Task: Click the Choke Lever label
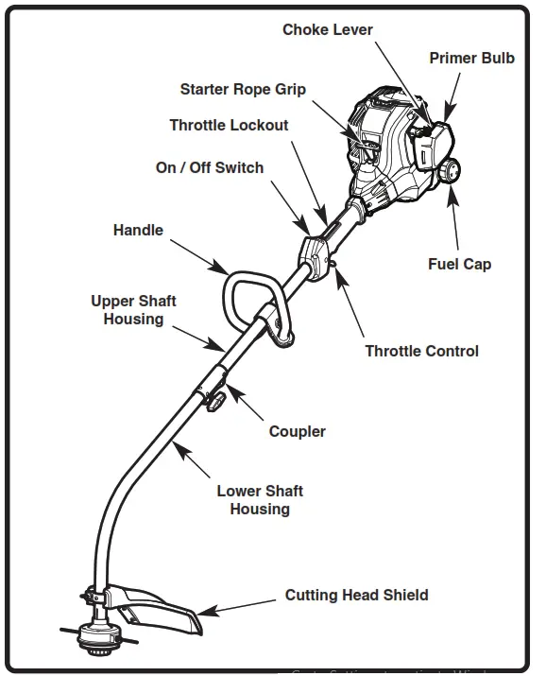328,30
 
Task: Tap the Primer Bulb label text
471,59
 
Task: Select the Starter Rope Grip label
243,90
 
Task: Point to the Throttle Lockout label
229,125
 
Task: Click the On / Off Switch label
210,167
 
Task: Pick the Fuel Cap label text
459,264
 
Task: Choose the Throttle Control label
421,352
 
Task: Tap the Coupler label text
297,431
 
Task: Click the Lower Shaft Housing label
260,500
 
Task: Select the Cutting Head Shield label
356,595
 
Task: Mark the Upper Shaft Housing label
133,310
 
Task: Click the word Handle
138,230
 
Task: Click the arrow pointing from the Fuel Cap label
456,219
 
